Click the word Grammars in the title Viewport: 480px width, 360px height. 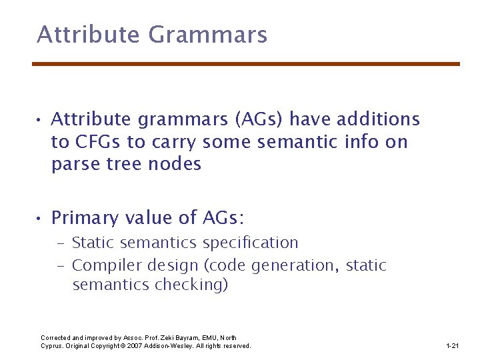click(x=208, y=34)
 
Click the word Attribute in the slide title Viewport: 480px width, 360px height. click(x=88, y=34)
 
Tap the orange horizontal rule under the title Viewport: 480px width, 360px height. click(x=246, y=64)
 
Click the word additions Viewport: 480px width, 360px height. click(x=379, y=119)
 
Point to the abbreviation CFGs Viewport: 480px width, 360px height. click(x=97, y=142)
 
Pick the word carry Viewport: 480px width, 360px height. click(x=173, y=143)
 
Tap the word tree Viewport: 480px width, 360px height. click(x=123, y=164)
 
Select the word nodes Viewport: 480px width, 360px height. click(x=175, y=163)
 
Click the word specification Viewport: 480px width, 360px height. click(x=251, y=243)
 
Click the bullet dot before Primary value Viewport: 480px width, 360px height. click(x=38, y=218)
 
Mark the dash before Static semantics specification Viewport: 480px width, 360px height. click(x=61, y=243)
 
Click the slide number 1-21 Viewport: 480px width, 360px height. click(x=453, y=346)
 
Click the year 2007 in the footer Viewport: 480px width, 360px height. click(x=137, y=346)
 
